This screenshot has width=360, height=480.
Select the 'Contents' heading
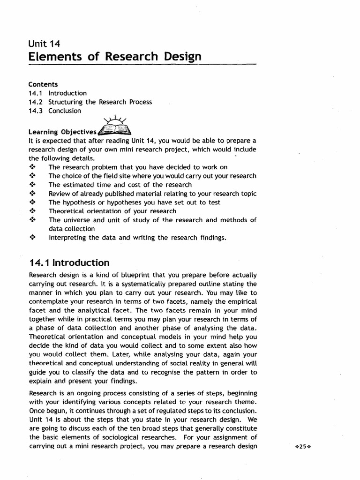tap(43, 84)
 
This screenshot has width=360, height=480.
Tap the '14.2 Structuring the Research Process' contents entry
tap(90, 102)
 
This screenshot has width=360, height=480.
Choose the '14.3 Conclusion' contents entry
tap(54, 111)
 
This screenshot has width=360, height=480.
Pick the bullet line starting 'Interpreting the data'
tap(137, 238)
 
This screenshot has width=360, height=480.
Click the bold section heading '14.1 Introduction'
tap(69, 262)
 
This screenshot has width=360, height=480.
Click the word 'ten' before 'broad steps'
tap(158, 428)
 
